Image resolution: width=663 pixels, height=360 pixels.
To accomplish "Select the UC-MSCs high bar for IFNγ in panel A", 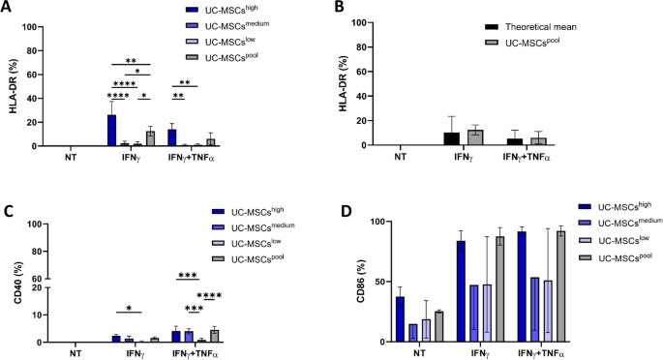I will pos(111,130).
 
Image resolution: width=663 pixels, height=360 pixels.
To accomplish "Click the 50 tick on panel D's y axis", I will pos(380,282).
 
